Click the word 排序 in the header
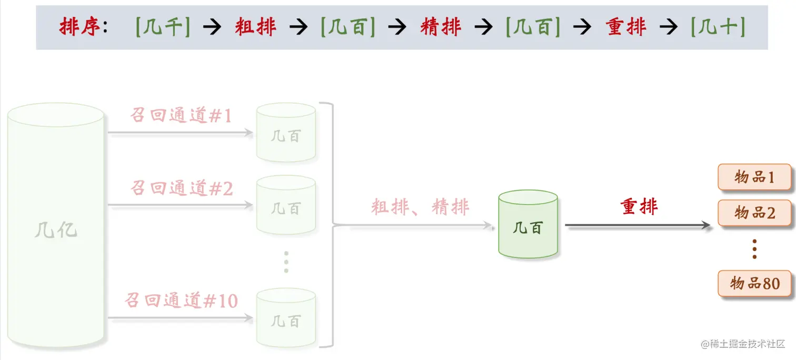pos(79,27)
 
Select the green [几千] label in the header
pos(163,27)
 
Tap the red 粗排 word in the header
pos(255,27)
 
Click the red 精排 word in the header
pos(441,27)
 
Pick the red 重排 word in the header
pos(626,27)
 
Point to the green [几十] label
pos(718,27)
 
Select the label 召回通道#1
pos(181,115)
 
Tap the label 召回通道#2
pos(182,187)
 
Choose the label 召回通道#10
pos(181,301)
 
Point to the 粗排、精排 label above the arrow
pos(420,207)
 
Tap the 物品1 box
pos(754,177)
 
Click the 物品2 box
pos(754,213)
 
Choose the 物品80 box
pos(754,284)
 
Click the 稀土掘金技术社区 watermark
pos(743,344)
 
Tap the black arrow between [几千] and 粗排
pos(212,27)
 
